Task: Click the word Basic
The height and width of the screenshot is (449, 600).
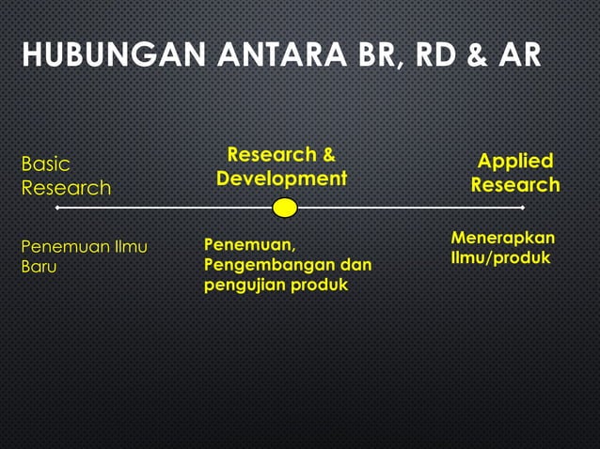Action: click(45, 164)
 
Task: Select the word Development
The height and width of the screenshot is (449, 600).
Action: click(281, 178)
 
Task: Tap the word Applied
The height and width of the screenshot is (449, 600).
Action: click(515, 161)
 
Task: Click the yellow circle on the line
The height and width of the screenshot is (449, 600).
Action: click(285, 208)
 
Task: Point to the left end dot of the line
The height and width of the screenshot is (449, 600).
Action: click(58, 208)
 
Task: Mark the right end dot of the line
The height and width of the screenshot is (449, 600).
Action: click(522, 208)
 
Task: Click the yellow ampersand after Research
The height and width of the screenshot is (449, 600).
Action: click(328, 154)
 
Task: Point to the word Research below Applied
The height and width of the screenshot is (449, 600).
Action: click(515, 185)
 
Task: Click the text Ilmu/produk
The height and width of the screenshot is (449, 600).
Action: click(500, 257)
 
